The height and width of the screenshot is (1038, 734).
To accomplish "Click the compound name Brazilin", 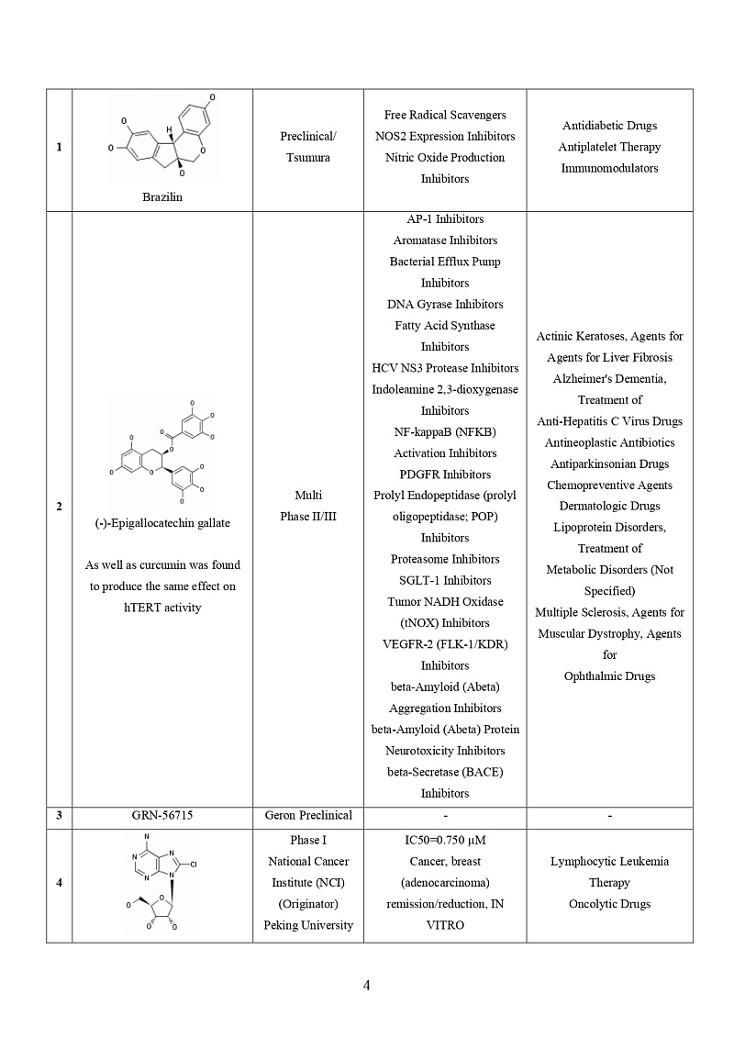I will (162, 196).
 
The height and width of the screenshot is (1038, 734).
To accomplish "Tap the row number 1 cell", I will (60, 147).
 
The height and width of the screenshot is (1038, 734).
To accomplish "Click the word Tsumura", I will (308, 158).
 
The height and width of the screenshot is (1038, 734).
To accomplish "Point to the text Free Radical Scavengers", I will (445, 115).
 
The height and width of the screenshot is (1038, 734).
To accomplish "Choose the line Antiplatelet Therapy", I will (609, 147).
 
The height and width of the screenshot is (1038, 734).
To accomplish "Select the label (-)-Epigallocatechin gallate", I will (162, 523).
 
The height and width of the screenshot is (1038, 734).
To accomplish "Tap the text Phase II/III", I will (308, 517).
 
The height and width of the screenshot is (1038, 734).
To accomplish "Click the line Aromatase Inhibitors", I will (445, 240).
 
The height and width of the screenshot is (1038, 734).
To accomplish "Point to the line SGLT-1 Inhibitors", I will (445, 580).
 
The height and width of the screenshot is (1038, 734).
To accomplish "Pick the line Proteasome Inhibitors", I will (445, 559).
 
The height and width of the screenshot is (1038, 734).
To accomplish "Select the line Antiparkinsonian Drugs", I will (609, 464).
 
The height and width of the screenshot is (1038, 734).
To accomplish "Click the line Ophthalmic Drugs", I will (609, 676).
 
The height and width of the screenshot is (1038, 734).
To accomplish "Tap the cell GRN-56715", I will (162, 815).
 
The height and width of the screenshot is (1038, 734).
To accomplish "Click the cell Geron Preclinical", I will (308, 815).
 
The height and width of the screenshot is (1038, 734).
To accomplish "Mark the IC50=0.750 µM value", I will (445, 841).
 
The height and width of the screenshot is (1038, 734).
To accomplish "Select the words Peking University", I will (308, 925).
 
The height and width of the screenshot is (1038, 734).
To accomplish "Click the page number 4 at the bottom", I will (367, 987).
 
